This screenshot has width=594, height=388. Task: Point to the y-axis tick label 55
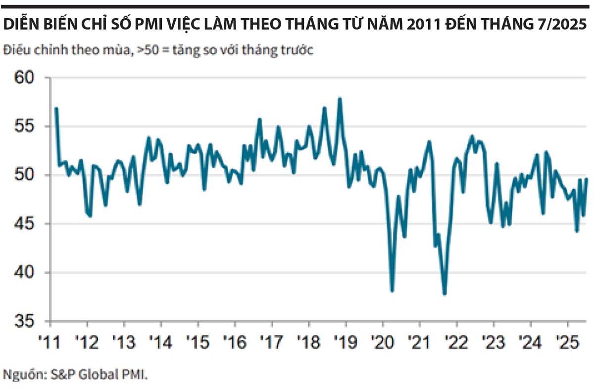point(25,127)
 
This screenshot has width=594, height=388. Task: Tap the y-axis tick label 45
point(25,224)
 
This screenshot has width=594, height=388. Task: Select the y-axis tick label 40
point(25,273)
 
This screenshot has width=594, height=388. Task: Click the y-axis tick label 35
point(25,322)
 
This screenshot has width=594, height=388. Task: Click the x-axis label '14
point(161,341)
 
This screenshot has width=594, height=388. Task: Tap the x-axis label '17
point(272,341)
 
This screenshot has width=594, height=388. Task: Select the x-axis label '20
point(383,341)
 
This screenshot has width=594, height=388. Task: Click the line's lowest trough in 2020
point(393,291)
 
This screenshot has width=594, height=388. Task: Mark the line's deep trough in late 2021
point(445,294)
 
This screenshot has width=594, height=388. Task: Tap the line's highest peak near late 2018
point(340,98)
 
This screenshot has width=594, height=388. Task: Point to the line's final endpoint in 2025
point(587,179)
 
